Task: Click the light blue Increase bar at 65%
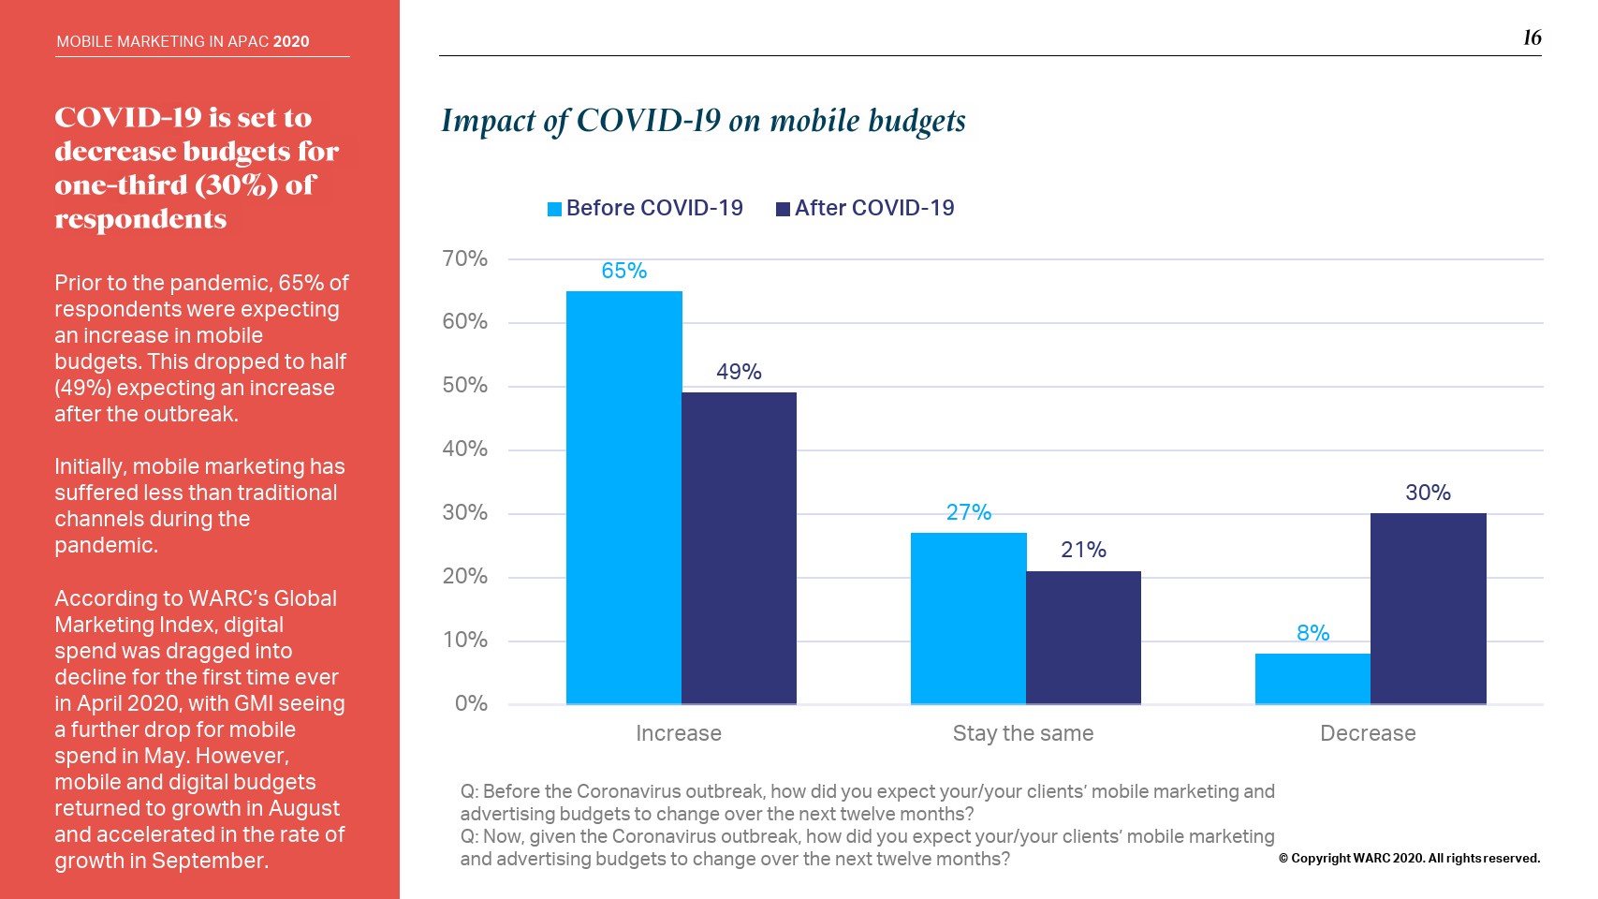[623, 497]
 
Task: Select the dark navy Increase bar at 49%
[739, 548]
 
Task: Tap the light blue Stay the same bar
[968, 618]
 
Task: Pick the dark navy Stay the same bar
[1083, 637]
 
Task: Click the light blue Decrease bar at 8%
[1312, 678]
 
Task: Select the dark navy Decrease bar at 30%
[1428, 608]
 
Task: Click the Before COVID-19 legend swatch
[555, 209]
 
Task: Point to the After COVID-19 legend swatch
[783, 209]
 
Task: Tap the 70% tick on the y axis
[464, 258]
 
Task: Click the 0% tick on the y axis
[471, 703]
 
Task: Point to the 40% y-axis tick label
[464, 449]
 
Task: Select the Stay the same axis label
[1022, 733]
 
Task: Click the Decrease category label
[1367, 733]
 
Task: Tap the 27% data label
[968, 512]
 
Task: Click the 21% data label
[1083, 550]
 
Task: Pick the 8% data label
[1312, 633]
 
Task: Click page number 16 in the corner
[1532, 37]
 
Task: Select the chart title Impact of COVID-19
[703, 121]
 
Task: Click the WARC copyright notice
[1409, 858]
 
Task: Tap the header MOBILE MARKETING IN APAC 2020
[183, 41]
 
